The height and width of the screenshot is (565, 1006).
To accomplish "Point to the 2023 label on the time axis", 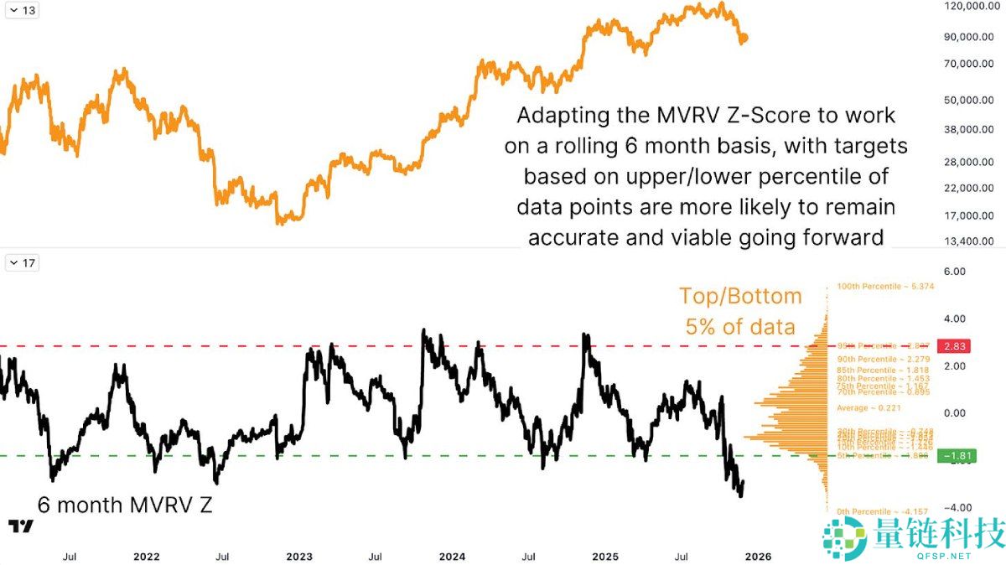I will (x=299, y=556).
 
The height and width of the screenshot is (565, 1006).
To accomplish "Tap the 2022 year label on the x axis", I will (x=146, y=556).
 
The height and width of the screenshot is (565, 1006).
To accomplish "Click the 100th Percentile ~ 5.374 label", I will (x=885, y=287).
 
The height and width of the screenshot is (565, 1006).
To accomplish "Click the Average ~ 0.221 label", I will (x=870, y=407).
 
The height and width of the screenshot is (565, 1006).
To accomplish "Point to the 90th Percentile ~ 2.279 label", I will (x=884, y=359).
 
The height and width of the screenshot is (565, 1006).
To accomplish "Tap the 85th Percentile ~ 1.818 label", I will (x=884, y=370).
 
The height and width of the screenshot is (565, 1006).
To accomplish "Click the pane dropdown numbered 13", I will (x=22, y=10).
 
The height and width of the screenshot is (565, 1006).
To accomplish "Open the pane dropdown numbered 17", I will (x=22, y=263).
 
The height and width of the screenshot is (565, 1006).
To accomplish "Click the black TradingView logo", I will (x=21, y=526).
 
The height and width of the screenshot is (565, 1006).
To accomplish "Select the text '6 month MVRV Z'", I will (x=125, y=505).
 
